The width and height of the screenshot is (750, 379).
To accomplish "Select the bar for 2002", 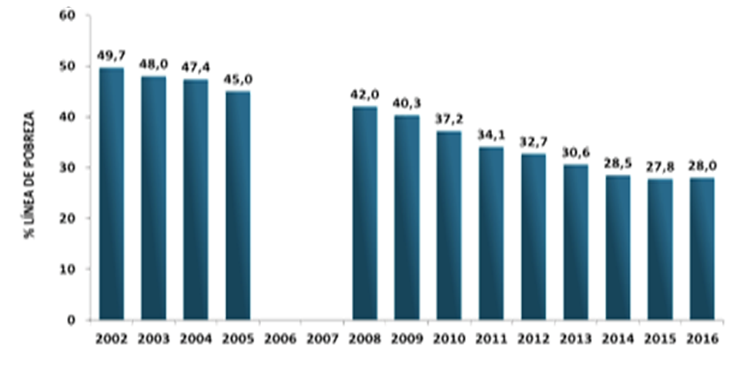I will click(111, 193).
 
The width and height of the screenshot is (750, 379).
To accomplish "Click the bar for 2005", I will click(238, 205).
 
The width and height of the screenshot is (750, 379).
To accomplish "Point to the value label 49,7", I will click(111, 55).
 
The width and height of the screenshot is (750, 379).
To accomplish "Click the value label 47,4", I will click(196, 67).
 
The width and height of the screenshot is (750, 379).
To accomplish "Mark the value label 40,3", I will click(407, 102).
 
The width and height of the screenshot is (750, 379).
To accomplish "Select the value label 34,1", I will click(491, 134).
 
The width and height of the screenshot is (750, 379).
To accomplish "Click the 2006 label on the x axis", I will click(280, 338).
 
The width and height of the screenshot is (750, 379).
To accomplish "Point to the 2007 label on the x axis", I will click(323, 338).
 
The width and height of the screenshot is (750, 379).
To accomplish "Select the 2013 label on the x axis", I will click(576, 338).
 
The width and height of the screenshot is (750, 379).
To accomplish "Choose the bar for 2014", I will click(618, 247).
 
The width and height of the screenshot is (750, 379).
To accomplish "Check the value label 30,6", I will click(576, 152).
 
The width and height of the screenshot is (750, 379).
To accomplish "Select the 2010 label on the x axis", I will click(449, 338).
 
